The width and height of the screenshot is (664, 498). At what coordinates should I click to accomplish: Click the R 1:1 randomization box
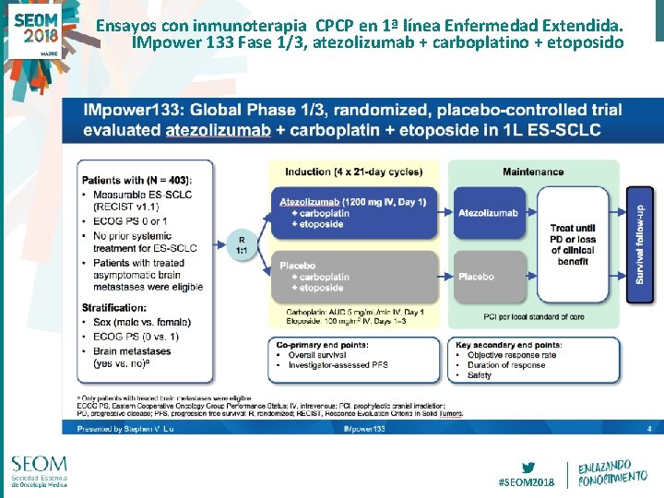(242, 244)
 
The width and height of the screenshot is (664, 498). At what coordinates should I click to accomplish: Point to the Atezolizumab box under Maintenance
(489, 213)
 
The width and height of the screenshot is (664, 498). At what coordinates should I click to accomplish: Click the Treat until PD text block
(573, 244)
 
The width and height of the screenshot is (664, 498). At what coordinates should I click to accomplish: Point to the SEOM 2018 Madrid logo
(34, 30)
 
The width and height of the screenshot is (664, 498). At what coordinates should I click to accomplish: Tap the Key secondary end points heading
(508, 344)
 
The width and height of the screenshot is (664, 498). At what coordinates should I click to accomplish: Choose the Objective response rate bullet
(513, 354)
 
